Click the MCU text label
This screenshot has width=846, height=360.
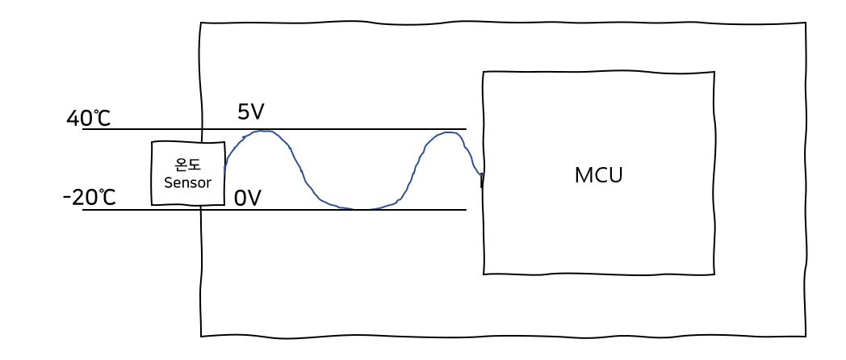tap(598, 175)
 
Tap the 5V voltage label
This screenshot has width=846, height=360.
tap(250, 112)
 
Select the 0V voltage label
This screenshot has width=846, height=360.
tap(248, 198)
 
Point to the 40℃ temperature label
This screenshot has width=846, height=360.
tap(89, 119)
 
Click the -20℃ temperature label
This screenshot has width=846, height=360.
tap(90, 197)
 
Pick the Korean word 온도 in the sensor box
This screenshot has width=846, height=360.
tap(188, 165)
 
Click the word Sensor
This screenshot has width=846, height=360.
tap(187, 182)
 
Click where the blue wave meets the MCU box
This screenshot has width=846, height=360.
tap(482, 174)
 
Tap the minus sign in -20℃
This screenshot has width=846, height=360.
tap(67, 197)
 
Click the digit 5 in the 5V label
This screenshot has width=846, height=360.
tap(243, 112)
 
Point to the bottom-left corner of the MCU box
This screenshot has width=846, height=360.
tap(484, 274)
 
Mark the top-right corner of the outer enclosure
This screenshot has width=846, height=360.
tap(805, 23)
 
